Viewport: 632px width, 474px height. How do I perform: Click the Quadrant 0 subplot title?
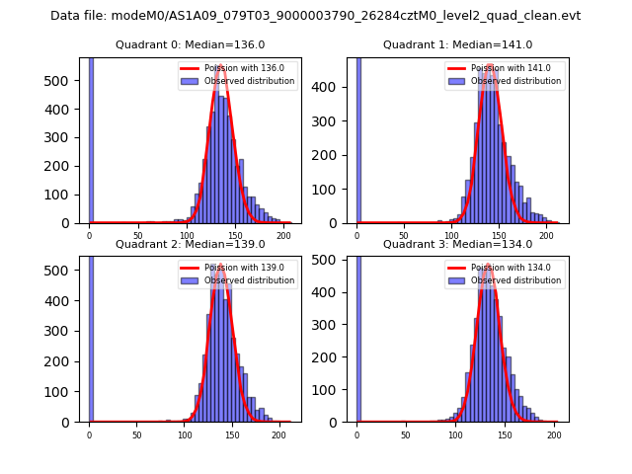click(190, 45)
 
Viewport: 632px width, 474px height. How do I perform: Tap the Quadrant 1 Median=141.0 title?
click(457, 45)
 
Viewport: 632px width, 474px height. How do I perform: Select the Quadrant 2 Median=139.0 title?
click(190, 244)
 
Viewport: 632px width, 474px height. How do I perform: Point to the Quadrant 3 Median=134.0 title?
click(457, 244)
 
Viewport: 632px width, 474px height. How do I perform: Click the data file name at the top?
click(315, 16)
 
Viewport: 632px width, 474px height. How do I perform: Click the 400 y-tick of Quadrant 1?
click(333, 87)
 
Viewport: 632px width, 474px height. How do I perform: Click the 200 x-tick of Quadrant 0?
click(283, 235)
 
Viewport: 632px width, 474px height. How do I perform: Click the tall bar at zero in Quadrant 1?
click(357, 138)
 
